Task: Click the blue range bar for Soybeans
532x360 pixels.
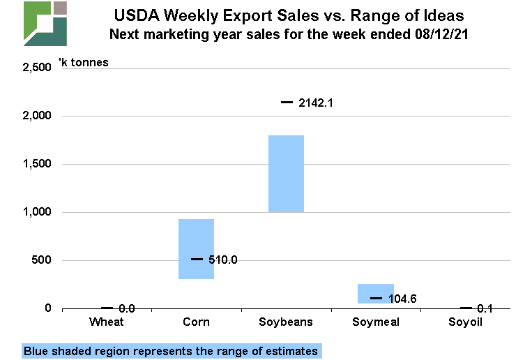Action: point(287,174)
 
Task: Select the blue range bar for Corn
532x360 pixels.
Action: point(196,248)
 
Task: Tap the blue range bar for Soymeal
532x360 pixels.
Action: point(376,294)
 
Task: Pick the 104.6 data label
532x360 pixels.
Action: point(403,299)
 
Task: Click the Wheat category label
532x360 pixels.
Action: point(107,322)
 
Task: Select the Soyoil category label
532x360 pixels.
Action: point(466,322)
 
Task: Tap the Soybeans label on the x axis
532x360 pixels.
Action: point(286,322)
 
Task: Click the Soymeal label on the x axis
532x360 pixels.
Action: point(376,322)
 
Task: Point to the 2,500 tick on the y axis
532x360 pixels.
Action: point(38,68)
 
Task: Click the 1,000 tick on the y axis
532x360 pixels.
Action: point(38,212)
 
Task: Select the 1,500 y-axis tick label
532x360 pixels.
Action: point(38,164)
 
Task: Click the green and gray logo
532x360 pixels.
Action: point(45,24)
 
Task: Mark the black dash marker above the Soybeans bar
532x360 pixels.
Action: point(287,103)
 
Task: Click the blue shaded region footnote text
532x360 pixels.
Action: point(171,351)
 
